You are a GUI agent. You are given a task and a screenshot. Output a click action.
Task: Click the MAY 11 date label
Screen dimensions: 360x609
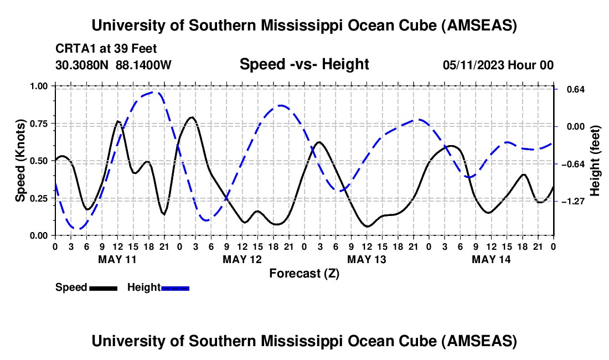(x=117, y=259)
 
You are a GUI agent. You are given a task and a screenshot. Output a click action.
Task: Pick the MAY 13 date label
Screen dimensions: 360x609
(x=366, y=259)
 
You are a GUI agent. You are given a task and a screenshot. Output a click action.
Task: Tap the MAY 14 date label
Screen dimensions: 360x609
(x=491, y=259)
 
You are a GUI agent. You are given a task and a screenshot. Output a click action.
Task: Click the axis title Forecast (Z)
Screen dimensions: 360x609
(x=304, y=273)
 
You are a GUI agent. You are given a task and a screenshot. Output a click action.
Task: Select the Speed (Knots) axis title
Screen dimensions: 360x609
(x=20, y=161)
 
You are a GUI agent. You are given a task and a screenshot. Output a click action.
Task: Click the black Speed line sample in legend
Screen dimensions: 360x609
(x=103, y=287)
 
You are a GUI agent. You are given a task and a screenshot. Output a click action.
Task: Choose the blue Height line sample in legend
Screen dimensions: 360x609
(x=175, y=287)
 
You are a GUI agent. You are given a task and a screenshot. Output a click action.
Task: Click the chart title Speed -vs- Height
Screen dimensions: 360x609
(x=304, y=65)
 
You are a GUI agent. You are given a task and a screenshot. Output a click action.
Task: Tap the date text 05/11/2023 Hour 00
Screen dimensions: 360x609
(x=498, y=65)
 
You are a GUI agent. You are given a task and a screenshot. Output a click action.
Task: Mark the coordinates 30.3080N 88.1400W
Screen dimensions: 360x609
(x=113, y=65)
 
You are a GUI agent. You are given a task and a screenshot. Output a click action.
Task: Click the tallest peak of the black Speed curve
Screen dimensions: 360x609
(x=192, y=117)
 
